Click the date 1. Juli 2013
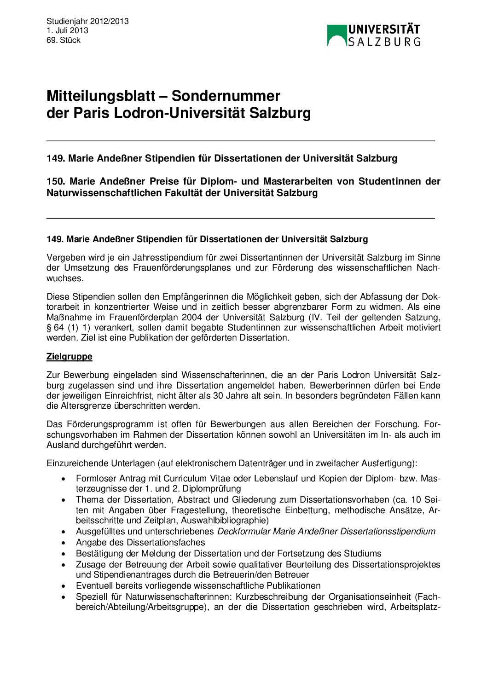(67, 30)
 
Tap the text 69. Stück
(64, 40)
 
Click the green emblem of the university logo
(336, 35)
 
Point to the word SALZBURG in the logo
(384, 42)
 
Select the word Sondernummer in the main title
(226, 96)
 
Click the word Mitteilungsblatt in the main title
(101, 96)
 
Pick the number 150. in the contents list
(56, 181)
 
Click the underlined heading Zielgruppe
(70, 357)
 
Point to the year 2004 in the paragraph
(191, 317)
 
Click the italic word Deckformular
(243, 532)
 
